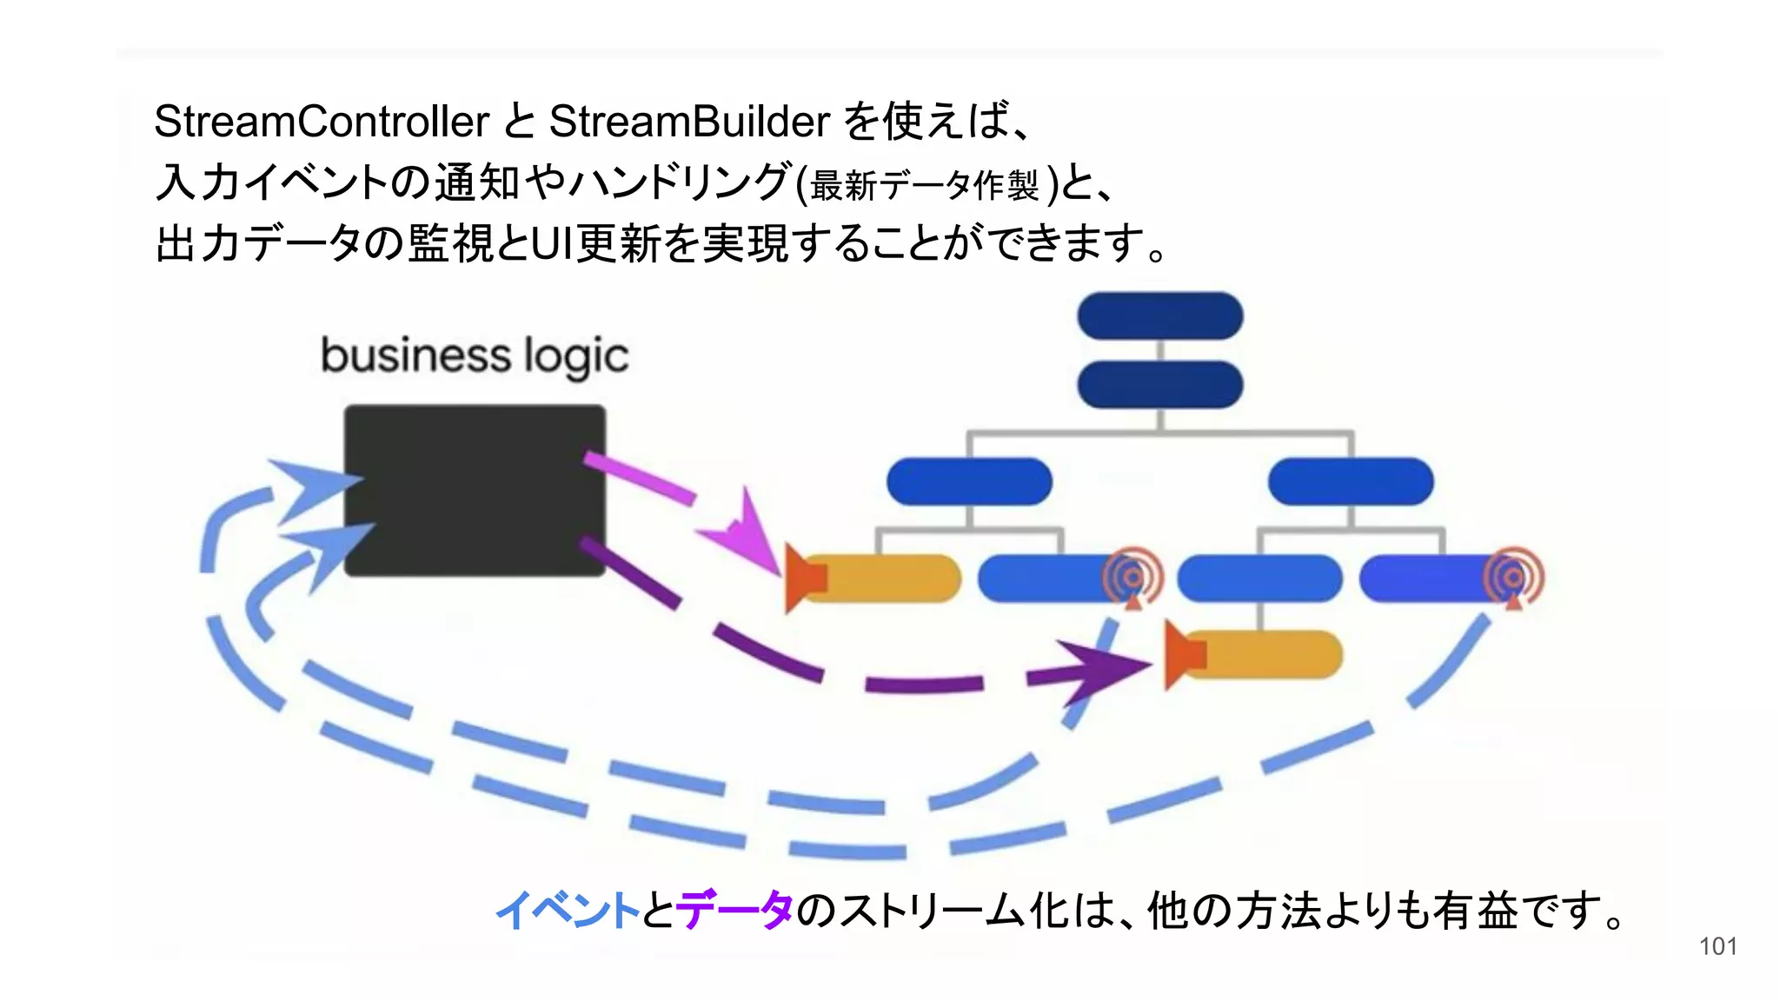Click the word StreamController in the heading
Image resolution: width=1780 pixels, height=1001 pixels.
tap(322, 122)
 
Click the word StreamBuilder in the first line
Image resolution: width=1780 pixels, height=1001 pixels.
tap(689, 122)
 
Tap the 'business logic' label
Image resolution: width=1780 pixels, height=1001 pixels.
tap(475, 356)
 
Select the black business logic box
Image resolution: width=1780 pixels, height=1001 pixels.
tap(475, 490)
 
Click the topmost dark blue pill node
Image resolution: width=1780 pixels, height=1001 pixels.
tap(1159, 315)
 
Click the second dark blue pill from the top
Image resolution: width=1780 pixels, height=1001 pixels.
tap(1159, 385)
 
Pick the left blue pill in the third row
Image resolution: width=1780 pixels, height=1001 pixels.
tap(969, 481)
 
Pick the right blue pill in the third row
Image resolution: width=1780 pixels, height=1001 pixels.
tap(1351, 481)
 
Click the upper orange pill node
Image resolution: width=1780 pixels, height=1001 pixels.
tap(887, 579)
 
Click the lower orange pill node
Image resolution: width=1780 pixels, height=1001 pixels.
tap(1269, 654)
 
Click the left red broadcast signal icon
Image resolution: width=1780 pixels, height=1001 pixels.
tap(1132, 576)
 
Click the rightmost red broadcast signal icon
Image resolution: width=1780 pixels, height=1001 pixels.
tap(1513, 576)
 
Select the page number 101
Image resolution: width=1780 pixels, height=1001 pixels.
tap(1717, 946)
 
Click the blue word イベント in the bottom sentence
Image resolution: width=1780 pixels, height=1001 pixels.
tap(568, 911)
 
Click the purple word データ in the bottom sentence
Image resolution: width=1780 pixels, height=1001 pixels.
tap(734, 911)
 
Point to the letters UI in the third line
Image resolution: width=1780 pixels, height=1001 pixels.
tap(549, 243)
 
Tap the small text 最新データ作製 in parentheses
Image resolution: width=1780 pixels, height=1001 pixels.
tap(924, 185)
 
